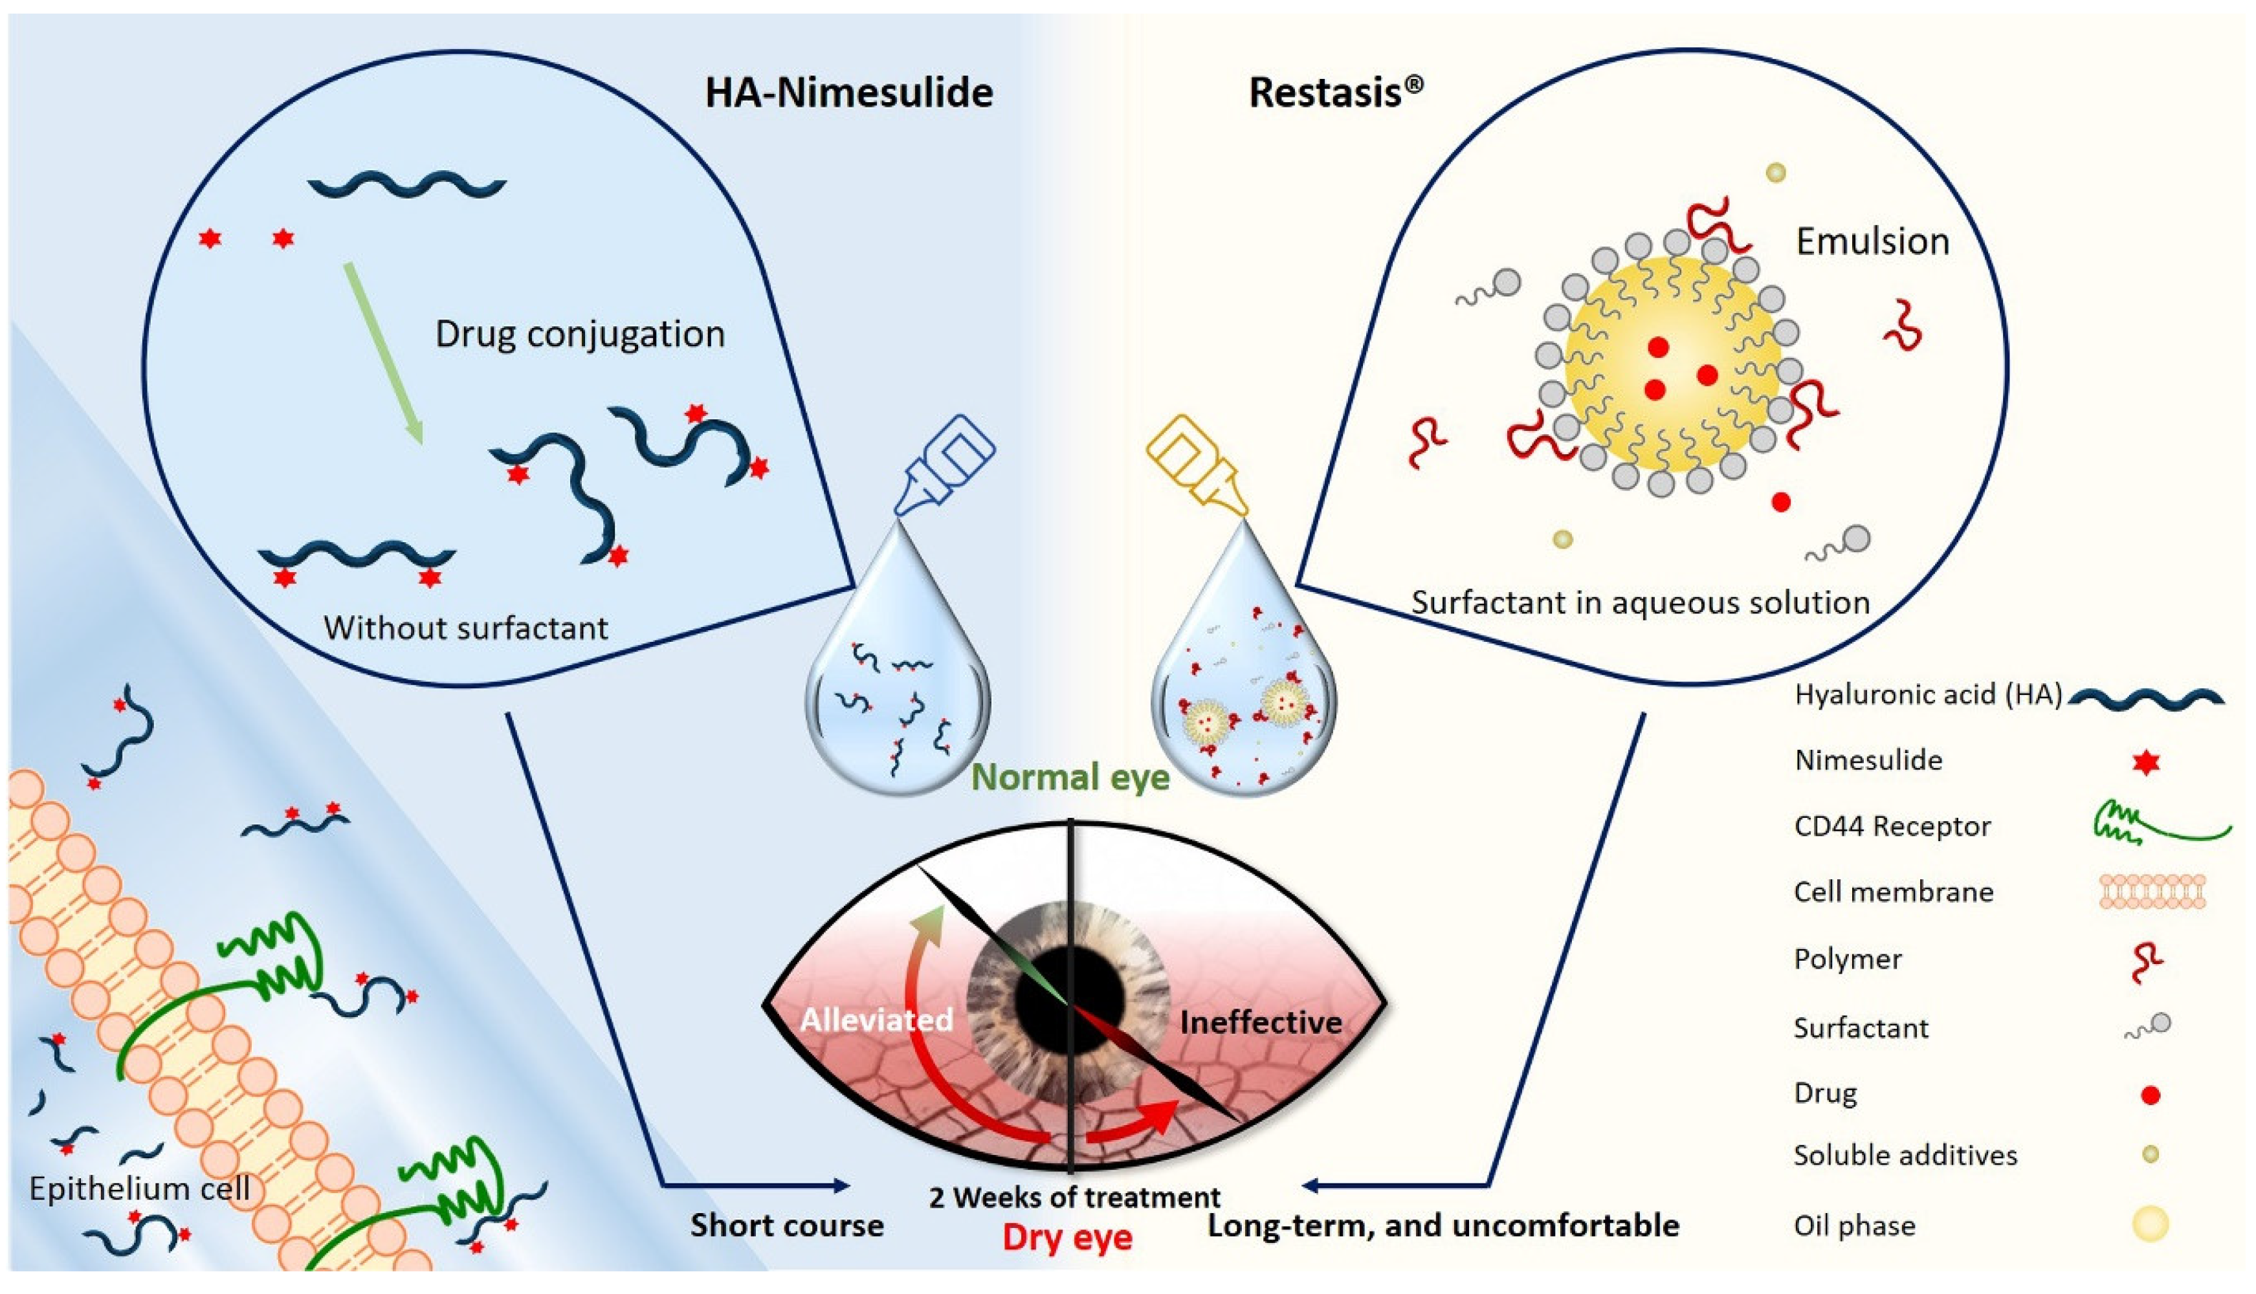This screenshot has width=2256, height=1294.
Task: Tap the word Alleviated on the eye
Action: (x=876, y=1020)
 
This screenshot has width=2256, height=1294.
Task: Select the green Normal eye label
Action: (x=1069, y=778)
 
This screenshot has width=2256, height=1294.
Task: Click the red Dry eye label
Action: (x=1067, y=1237)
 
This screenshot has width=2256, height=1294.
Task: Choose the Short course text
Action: (x=787, y=1225)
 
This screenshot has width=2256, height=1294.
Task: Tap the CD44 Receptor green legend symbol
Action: (x=2160, y=823)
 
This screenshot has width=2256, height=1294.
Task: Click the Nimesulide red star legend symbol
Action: (x=2146, y=762)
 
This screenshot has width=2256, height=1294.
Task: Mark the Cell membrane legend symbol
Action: (x=2151, y=892)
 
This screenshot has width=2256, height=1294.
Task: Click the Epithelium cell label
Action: (x=140, y=1189)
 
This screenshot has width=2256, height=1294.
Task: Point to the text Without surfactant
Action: (x=465, y=628)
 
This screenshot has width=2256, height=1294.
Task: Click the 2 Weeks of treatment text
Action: (x=1074, y=1197)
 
